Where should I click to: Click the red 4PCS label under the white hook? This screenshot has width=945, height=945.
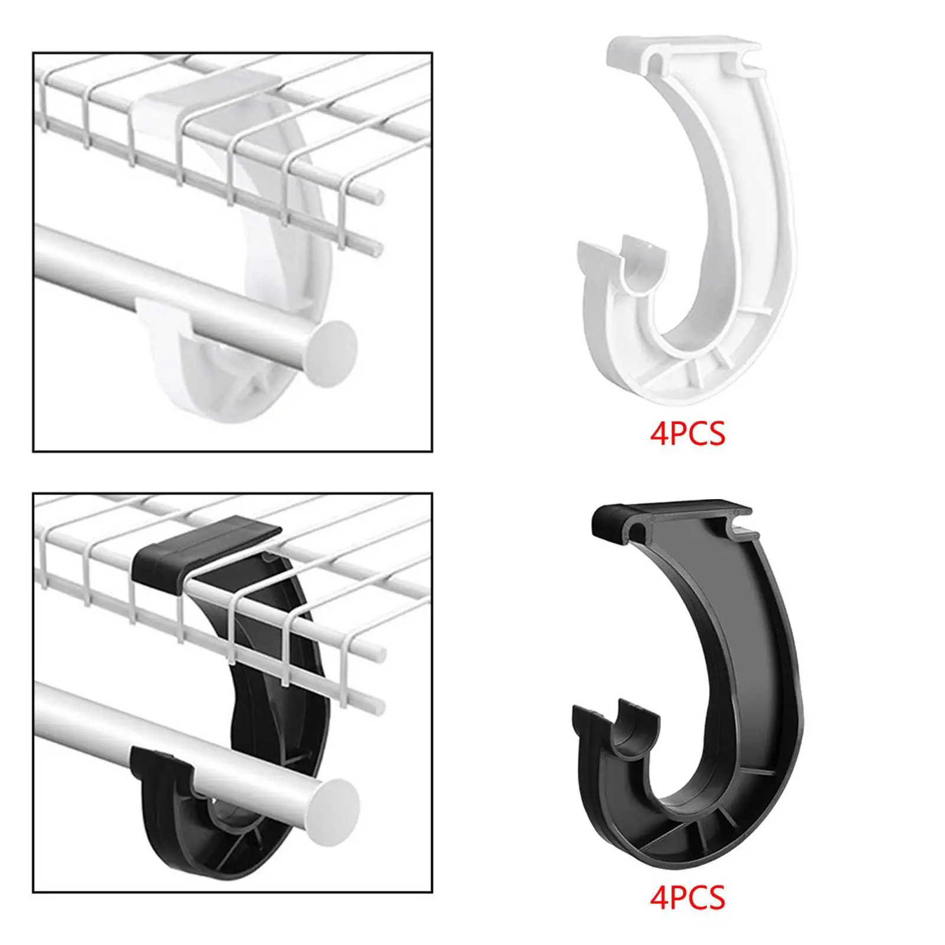point(687,435)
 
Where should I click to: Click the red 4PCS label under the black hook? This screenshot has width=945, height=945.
point(687,898)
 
